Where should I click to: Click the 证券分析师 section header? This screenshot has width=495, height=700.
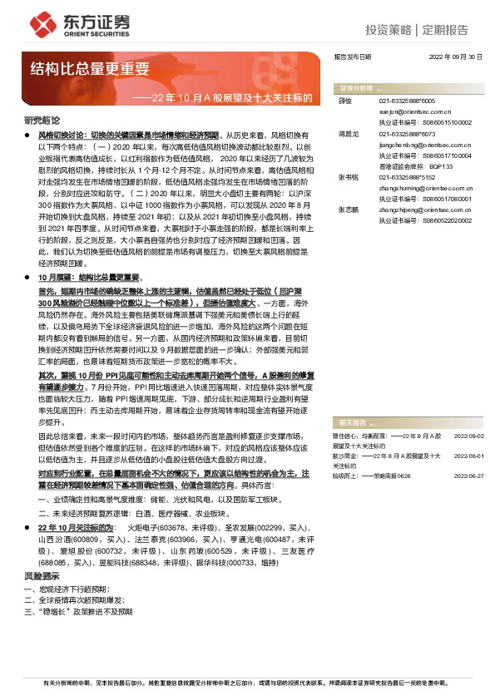[360, 87]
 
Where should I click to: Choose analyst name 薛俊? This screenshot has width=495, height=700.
[346, 99]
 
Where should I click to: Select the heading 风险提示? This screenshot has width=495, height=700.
[42, 575]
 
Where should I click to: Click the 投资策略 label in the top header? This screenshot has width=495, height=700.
[388, 30]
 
